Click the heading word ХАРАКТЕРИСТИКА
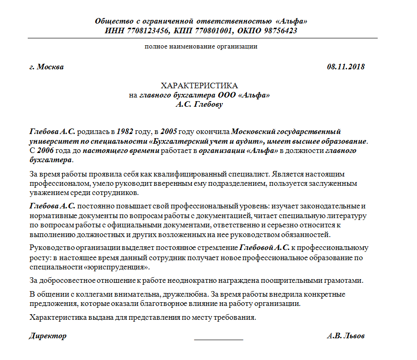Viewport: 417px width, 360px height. [199, 86]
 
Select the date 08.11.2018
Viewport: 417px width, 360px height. [346, 67]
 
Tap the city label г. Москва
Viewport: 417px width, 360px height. [46, 67]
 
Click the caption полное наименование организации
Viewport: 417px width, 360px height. [201, 46]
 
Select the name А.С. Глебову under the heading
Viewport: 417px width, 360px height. [199, 104]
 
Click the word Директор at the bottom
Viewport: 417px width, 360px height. [48, 336]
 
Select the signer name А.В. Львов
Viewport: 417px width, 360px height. [345, 336]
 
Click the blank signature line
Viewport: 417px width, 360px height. [218, 339]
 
